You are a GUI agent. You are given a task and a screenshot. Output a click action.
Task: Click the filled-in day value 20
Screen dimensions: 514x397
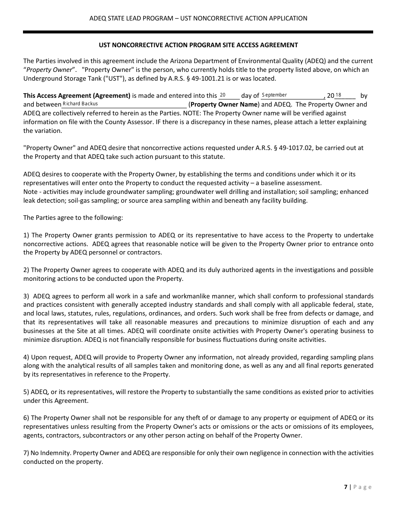coord(223,95)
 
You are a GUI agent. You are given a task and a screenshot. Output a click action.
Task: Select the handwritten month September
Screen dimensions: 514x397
coord(275,95)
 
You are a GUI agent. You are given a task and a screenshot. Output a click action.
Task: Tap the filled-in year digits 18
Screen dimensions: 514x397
coord(338,95)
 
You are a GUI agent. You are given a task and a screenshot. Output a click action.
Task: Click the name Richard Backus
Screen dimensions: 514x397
coord(80,104)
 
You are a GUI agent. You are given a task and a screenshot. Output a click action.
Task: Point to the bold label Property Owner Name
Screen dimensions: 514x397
coord(224,104)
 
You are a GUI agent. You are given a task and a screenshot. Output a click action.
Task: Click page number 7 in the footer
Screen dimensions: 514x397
coord(346,487)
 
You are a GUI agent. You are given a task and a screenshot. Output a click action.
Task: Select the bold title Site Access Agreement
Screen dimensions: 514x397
coord(198,45)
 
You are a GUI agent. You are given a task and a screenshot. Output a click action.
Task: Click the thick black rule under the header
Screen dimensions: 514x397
coord(198,32)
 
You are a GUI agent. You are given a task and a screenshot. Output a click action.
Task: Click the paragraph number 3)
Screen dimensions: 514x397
coord(26,296)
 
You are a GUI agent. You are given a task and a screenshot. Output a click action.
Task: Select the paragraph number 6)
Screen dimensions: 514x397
coord(26,418)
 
